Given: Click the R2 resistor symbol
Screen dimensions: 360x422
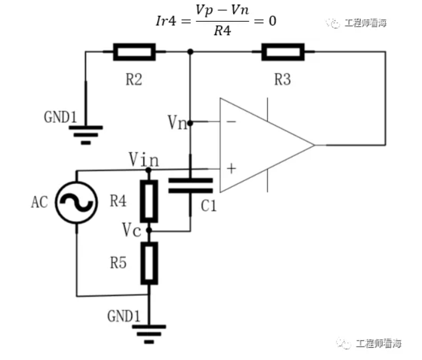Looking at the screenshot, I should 134,52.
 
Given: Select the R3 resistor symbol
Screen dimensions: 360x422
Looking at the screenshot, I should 282,52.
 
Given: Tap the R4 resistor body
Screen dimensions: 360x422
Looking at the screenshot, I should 149,201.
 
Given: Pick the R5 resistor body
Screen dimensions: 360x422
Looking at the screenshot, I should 149,263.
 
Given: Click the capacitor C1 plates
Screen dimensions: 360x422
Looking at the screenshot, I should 191,185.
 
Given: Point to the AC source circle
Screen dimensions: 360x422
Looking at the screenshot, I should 77,203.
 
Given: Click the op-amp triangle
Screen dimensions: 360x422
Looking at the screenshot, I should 261,144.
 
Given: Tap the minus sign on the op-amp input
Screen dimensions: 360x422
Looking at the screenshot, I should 231,122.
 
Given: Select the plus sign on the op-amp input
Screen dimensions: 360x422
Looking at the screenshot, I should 231,168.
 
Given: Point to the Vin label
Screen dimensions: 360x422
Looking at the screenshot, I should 144,160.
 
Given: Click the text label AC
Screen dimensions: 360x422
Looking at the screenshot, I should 39,203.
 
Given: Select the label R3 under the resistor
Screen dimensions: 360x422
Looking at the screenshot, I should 282,79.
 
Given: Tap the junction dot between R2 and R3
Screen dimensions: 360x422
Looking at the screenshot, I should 191,52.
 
